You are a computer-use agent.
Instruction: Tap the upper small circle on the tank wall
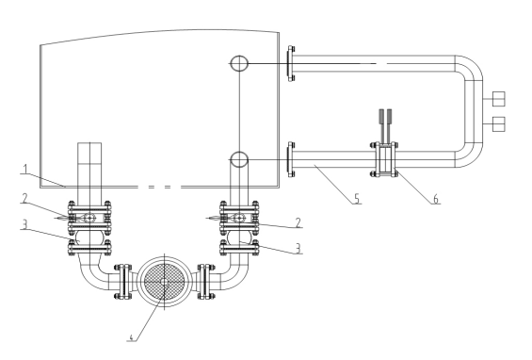(239, 63)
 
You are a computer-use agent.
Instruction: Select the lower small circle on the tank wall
(239, 159)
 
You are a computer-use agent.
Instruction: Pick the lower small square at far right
(499, 123)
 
